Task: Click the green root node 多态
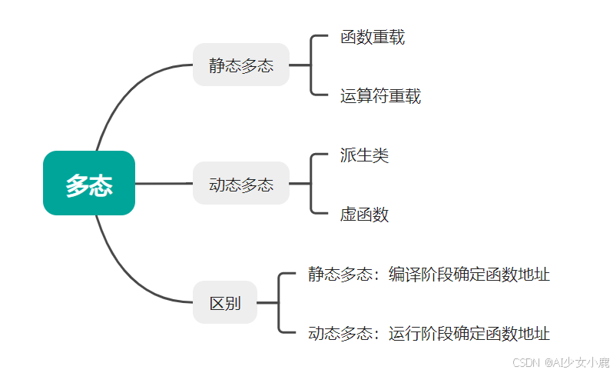[88, 183]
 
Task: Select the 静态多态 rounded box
[240, 65]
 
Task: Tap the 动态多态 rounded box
[240, 184]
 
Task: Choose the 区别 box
[225, 302]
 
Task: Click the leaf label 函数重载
[373, 37]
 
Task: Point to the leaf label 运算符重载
[380, 96]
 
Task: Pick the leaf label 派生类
[364, 155]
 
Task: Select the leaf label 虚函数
[364, 215]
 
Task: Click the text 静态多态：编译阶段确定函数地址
[429, 274]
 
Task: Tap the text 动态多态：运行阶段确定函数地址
[429, 333]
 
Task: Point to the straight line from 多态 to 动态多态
[164, 184]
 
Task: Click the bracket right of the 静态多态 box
[311, 65]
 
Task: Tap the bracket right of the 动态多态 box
[311, 184]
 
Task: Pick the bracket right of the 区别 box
[280, 302]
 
